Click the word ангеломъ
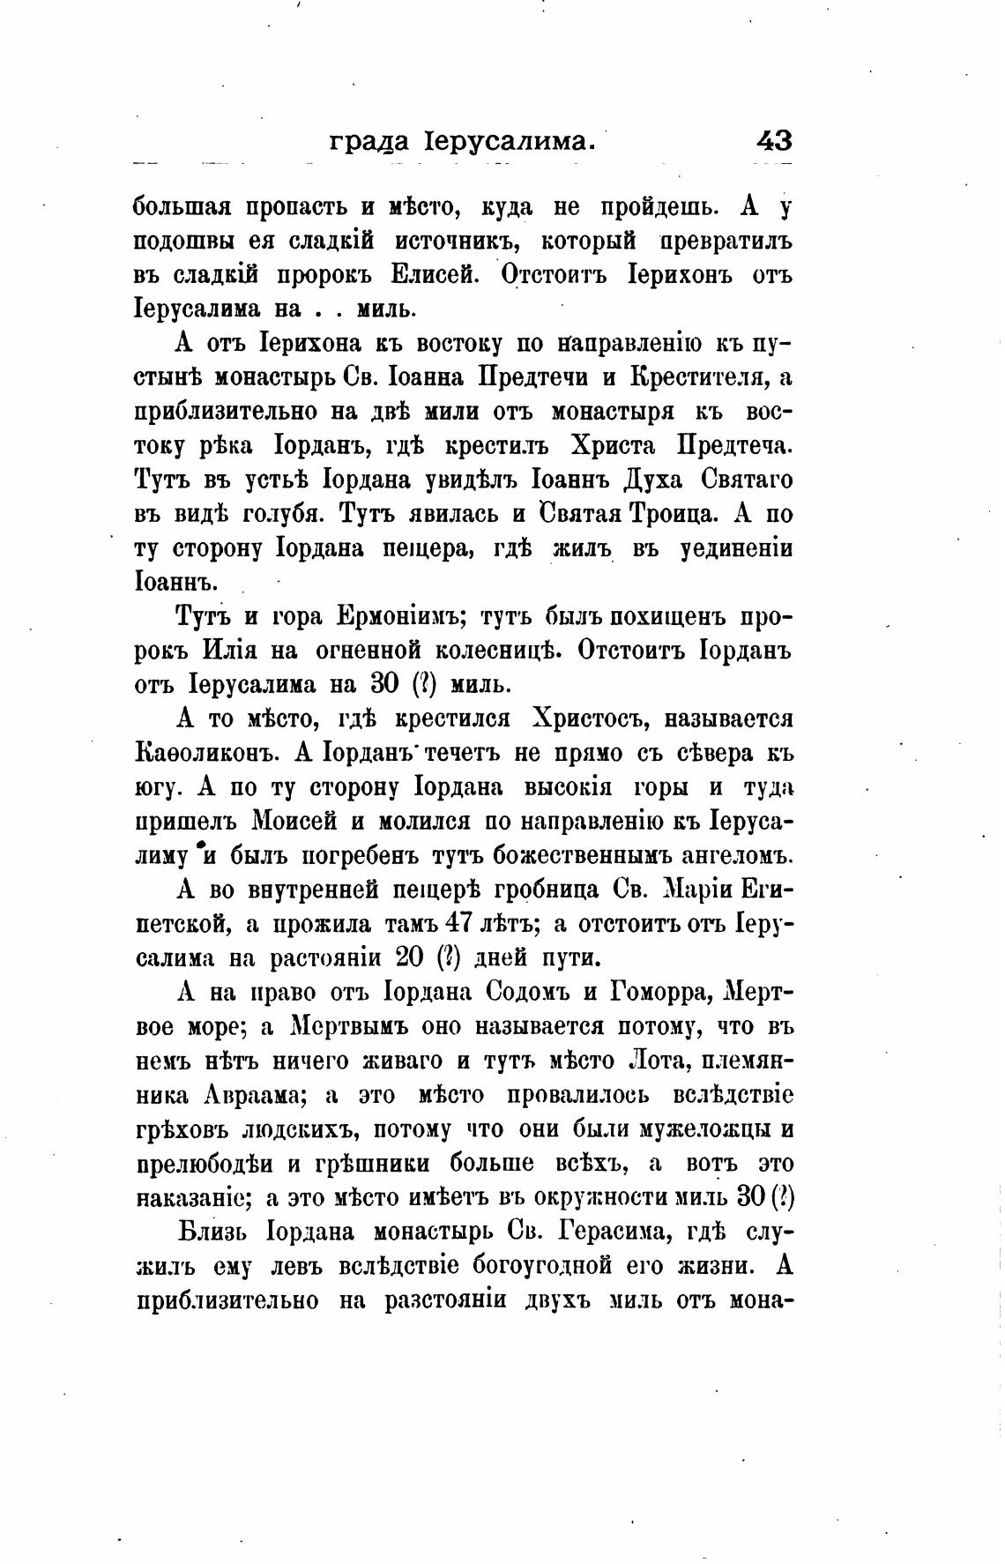click(x=735, y=856)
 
